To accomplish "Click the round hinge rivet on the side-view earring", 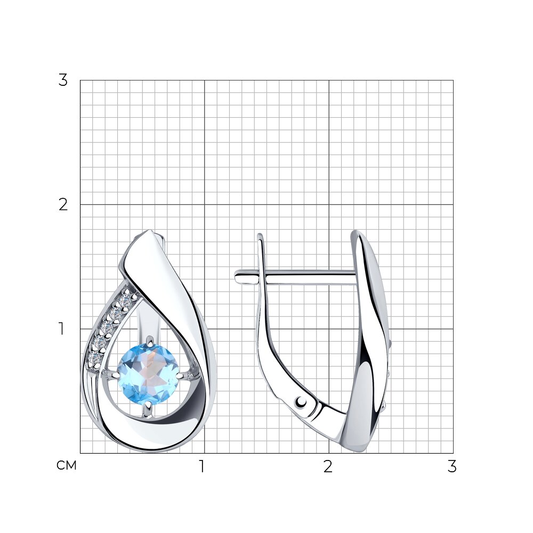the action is pos(301,402).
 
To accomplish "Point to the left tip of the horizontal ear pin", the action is pos(235,275).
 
